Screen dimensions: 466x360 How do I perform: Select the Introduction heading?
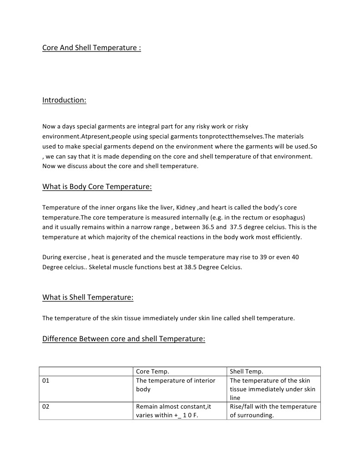pyautogui.click(x=64, y=100)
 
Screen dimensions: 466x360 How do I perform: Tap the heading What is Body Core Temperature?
pyautogui.click(x=97, y=187)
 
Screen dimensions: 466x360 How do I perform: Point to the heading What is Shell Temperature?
pyautogui.click(x=88, y=297)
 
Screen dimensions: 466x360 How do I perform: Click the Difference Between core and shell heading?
pyautogui.click(x=124, y=338)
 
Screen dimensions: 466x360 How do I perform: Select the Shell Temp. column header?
pyautogui.click(x=246, y=371)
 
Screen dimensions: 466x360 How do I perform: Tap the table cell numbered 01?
pyautogui.click(x=46, y=380)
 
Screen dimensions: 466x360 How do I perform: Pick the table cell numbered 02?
pyautogui.click(x=46, y=406)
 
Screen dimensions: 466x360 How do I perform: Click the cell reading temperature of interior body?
pyautogui.click(x=176, y=385)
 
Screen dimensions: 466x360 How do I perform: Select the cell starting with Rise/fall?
pyautogui.click(x=273, y=410)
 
